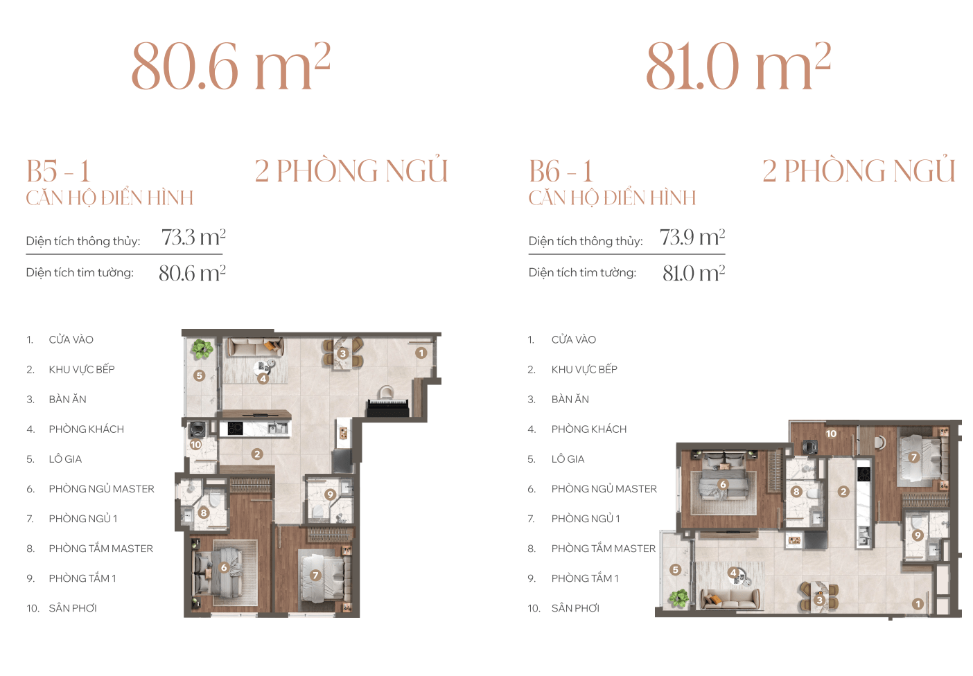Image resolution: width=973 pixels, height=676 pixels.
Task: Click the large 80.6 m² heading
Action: (x=231, y=66)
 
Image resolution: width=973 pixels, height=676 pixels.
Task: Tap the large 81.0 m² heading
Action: (x=739, y=66)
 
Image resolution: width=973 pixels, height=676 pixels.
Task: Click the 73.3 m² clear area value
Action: (x=193, y=237)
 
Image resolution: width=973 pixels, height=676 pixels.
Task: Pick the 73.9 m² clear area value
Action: (x=692, y=237)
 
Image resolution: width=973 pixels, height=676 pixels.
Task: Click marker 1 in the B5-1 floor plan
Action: (x=421, y=353)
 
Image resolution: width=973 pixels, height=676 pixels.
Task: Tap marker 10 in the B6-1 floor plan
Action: (x=830, y=434)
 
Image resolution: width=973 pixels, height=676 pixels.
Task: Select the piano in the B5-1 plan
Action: (x=388, y=403)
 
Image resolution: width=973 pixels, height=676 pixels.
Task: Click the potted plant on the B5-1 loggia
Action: (x=202, y=348)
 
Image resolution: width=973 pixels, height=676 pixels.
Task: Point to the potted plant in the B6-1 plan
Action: (x=678, y=598)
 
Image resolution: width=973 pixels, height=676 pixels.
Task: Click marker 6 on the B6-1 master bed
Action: (x=723, y=485)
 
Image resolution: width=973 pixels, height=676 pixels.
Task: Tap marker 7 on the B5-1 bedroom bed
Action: (x=315, y=576)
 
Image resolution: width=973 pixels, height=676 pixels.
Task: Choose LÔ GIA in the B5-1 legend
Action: (x=65, y=459)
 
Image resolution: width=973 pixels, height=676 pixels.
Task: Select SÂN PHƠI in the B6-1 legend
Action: (x=575, y=608)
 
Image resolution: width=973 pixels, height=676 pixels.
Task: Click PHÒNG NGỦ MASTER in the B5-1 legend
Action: (x=101, y=489)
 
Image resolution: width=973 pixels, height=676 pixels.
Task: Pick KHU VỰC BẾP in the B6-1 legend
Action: (x=584, y=369)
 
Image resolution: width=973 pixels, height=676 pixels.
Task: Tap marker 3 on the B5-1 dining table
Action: (x=343, y=353)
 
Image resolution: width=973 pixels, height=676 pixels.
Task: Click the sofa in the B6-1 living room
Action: (x=730, y=598)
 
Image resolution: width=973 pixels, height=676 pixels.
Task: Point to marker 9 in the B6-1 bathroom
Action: (x=918, y=535)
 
